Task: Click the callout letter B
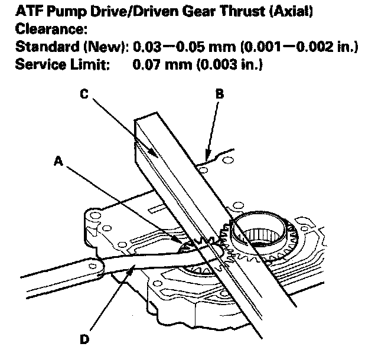tap(219, 94)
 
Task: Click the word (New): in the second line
tap(109, 47)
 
